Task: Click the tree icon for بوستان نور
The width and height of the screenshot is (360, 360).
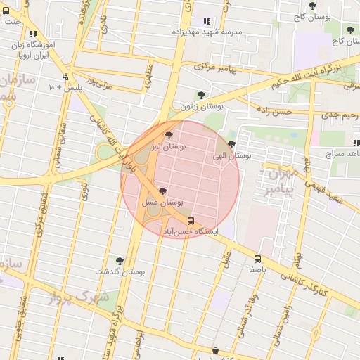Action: tap(167, 135)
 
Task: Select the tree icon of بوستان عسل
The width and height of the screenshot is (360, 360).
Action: tap(163, 191)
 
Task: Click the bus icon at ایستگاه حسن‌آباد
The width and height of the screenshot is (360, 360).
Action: tap(191, 220)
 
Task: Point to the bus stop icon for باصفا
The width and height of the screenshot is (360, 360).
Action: tap(258, 259)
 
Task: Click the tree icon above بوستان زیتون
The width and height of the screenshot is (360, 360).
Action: tap(201, 95)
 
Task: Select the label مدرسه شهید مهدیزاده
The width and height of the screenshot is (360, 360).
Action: tap(231, 32)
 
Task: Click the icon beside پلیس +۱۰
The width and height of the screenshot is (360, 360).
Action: tap(65, 77)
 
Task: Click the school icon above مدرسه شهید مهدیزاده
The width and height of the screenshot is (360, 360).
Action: tap(207, 21)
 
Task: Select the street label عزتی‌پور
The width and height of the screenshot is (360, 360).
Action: tap(98, 87)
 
